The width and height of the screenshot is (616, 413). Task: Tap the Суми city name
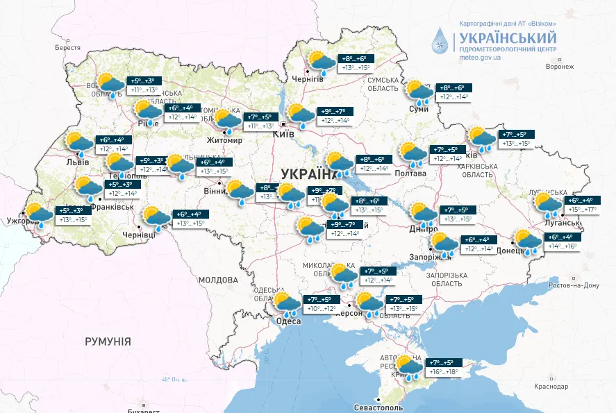[419, 110]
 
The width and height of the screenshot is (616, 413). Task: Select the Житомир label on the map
[224, 140]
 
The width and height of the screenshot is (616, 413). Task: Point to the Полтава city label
[410, 173]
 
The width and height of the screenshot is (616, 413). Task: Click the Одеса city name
[288, 321]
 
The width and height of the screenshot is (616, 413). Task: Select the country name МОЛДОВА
[218, 280]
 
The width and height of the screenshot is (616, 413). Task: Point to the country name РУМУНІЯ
[108, 342]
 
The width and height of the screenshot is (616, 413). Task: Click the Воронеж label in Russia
[560, 67]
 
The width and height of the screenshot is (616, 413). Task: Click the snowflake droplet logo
[440, 42]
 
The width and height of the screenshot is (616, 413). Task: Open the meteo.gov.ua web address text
[480, 58]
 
